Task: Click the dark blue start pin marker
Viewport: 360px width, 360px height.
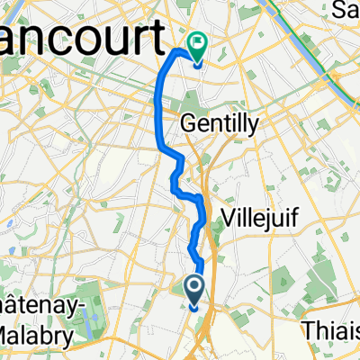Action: coord(195,290)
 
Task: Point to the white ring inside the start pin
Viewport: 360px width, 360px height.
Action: coord(195,286)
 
